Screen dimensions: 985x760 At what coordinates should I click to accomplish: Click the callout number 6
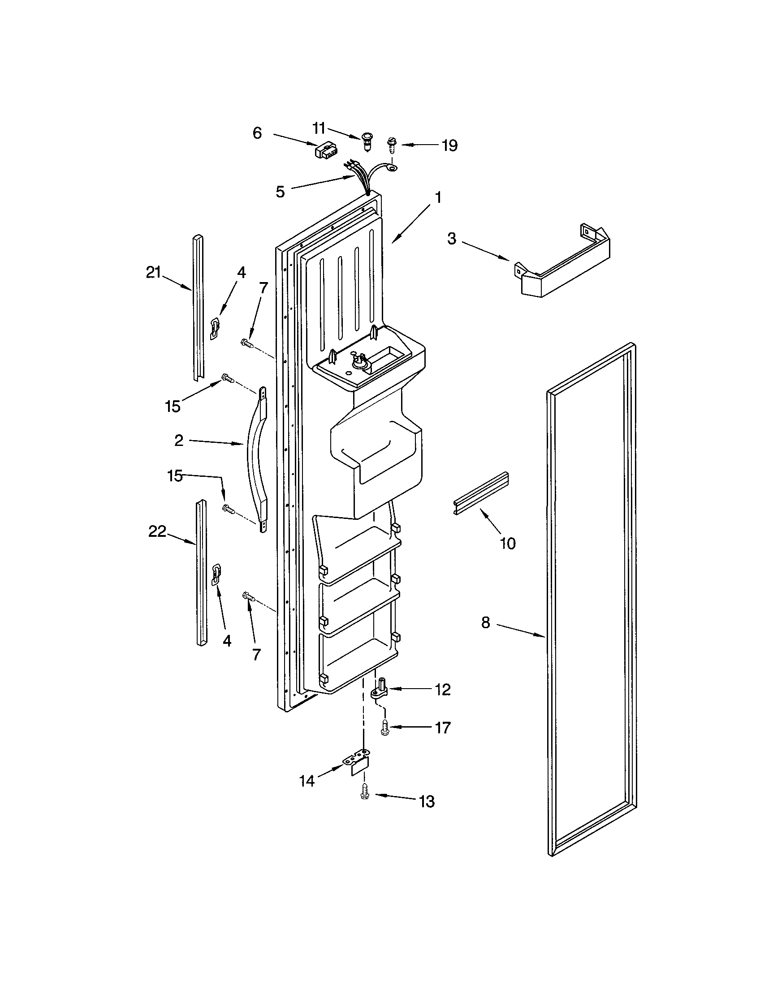(257, 133)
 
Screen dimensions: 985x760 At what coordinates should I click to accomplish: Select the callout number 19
(449, 146)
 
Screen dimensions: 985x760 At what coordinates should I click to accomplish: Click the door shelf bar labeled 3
(562, 262)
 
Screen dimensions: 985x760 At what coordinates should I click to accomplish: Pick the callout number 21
(153, 272)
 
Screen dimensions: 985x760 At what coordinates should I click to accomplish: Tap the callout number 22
(157, 532)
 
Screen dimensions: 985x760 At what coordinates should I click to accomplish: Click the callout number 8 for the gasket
(485, 623)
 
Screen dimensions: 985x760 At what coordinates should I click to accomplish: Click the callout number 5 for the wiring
(280, 192)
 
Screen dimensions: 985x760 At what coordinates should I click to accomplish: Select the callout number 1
(437, 197)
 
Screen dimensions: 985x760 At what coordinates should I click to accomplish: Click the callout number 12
(443, 689)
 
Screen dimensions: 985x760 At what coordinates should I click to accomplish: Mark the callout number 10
(508, 544)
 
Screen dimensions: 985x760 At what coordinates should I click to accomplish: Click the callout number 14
(307, 780)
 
